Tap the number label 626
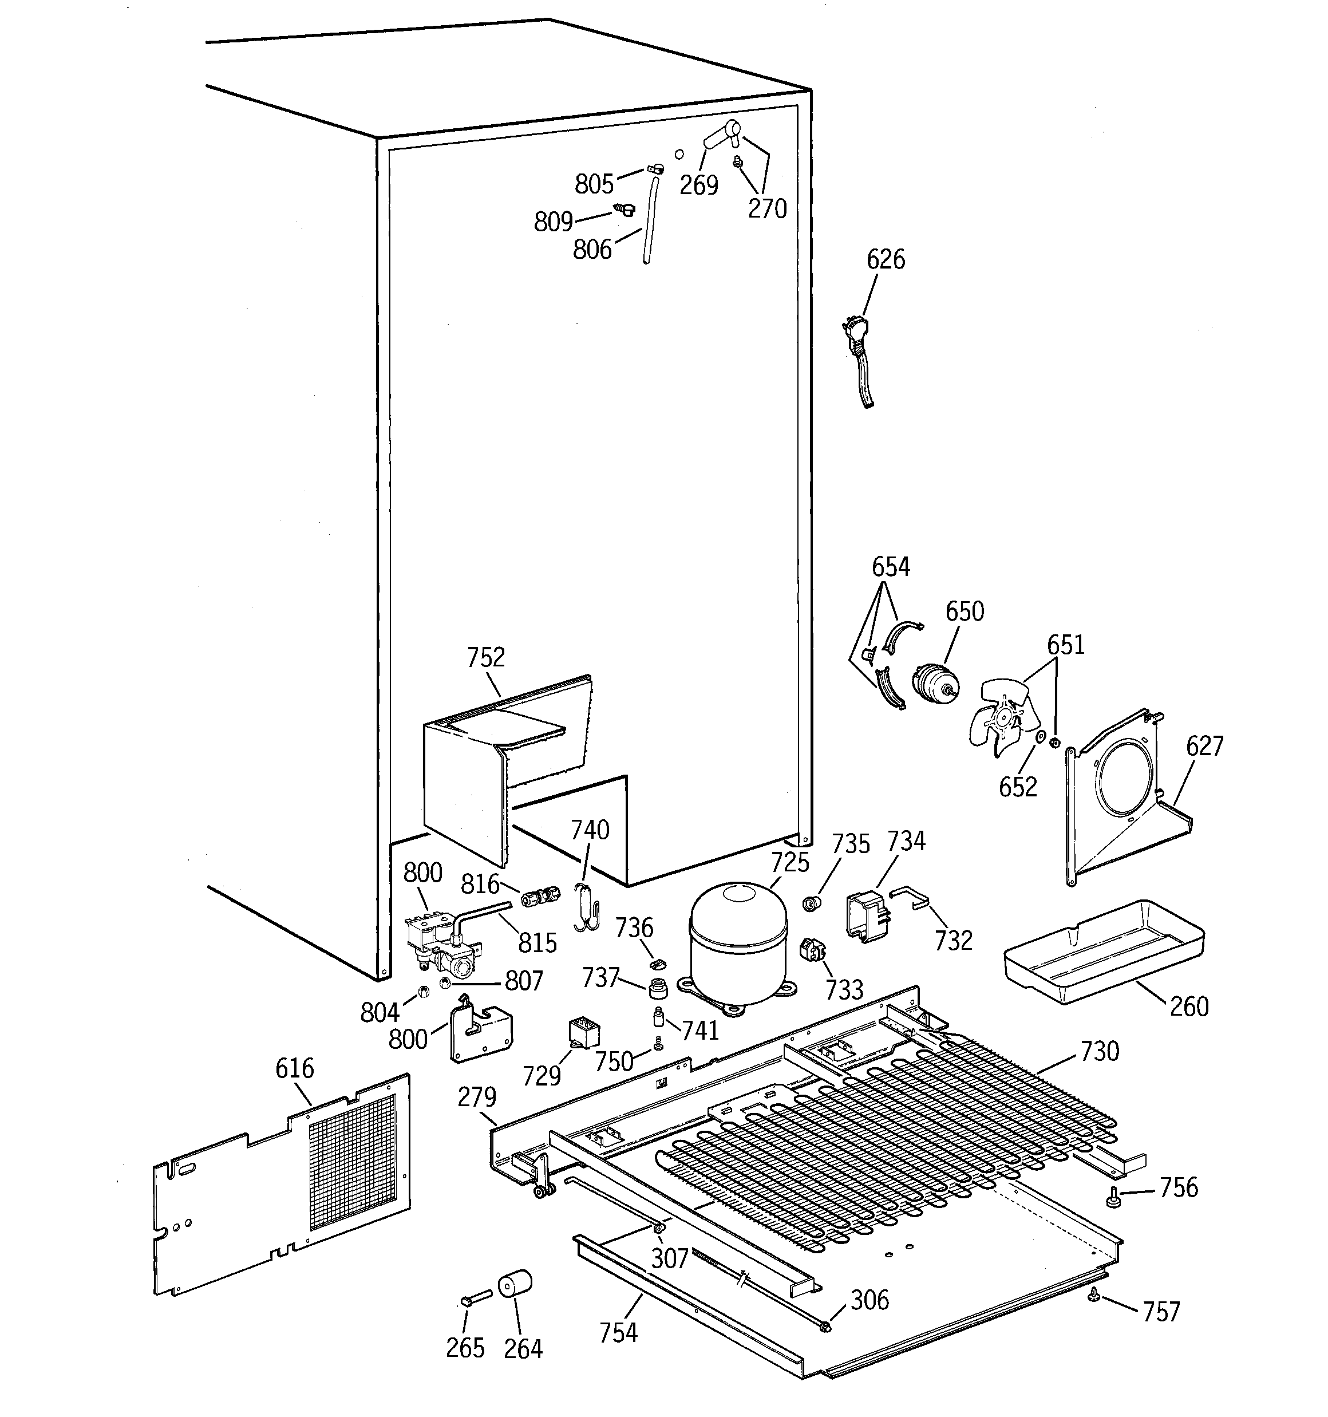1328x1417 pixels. [886, 259]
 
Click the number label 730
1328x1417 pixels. [1099, 1051]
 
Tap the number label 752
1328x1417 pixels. [485, 657]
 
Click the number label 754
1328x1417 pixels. [618, 1332]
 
